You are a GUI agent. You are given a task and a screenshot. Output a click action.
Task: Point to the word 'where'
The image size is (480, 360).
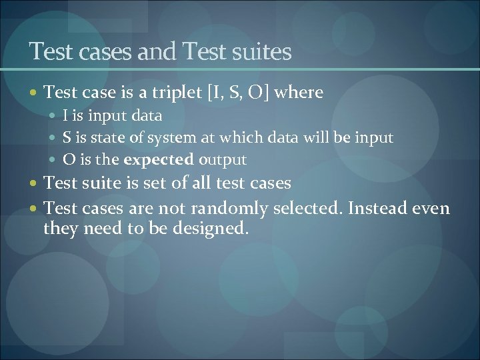tap(298, 93)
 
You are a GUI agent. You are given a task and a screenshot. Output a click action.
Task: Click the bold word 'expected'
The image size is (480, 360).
tap(159, 160)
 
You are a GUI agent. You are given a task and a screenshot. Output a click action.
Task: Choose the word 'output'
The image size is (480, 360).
tap(223, 160)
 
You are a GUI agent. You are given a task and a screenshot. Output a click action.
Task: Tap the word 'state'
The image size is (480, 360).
tap(114, 138)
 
